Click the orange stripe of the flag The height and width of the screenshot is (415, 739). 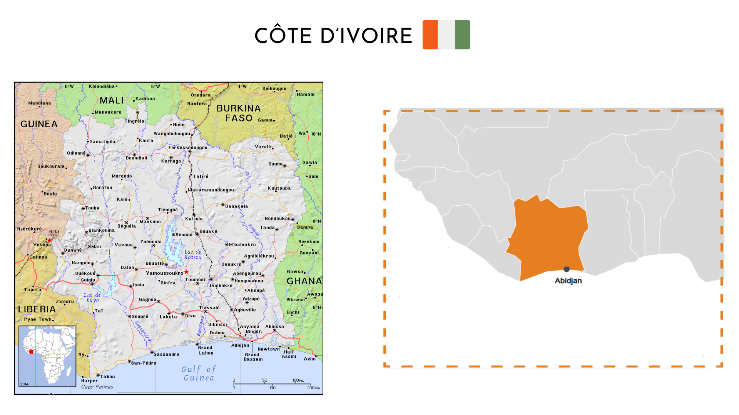point(430,35)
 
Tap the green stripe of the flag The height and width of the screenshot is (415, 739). point(462,35)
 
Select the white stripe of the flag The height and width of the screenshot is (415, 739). point(446,35)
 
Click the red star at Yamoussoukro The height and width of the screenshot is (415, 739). point(186,272)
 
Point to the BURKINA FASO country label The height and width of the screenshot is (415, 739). point(239,113)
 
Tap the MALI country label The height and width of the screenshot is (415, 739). point(112,101)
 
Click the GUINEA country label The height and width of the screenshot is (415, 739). point(39,124)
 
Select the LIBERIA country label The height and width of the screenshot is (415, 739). point(37,309)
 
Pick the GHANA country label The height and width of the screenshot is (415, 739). point(304,281)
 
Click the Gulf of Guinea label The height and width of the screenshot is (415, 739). point(199,373)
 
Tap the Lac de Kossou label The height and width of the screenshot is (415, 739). point(193,255)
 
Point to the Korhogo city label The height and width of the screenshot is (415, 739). point(171,161)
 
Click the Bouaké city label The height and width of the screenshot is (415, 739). point(208,231)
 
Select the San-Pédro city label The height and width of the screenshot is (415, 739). point(144,363)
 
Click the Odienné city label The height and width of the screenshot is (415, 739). point(76,153)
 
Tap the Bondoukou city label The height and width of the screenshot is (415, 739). point(278,219)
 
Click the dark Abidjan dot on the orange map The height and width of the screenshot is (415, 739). point(567,269)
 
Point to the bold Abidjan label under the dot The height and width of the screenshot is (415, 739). point(568,281)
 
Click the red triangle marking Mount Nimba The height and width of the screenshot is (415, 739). point(49,240)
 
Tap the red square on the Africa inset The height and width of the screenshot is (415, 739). point(32,352)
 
